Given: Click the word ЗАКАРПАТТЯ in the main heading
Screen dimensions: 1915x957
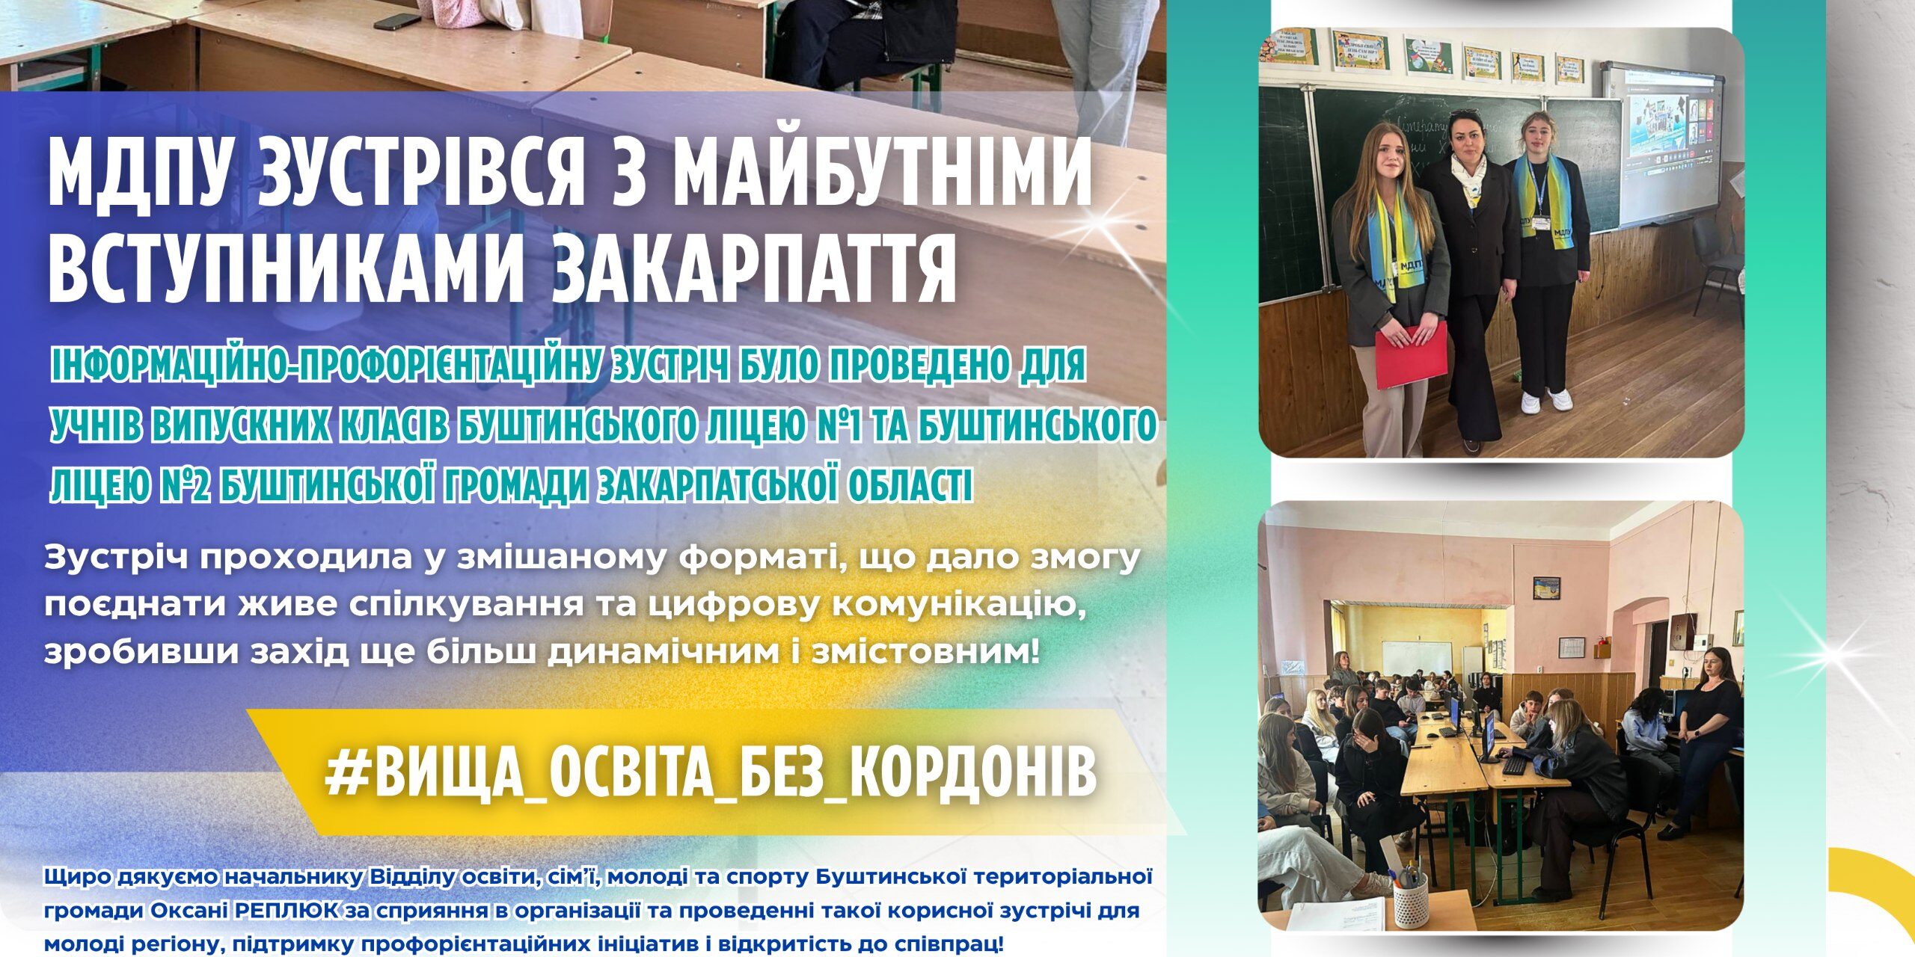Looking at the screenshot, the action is click(756, 267).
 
